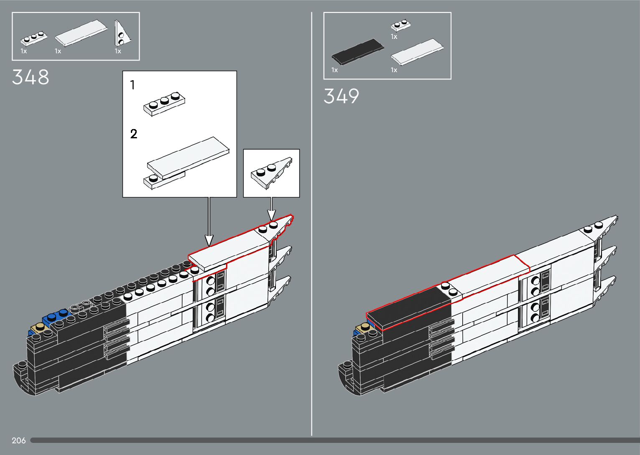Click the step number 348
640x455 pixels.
(x=31, y=77)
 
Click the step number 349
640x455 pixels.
(x=341, y=96)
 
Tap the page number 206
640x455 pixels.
(x=19, y=440)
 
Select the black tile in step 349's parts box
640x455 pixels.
(x=358, y=52)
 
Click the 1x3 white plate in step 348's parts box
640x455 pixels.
(x=33, y=38)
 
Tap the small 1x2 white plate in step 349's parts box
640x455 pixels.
(x=400, y=26)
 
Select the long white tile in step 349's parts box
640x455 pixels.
(x=417, y=52)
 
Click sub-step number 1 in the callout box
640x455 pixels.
(x=133, y=85)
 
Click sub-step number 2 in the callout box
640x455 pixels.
(x=134, y=134)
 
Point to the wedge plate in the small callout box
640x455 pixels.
(x=271, y=172)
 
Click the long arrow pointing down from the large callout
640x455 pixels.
(x=209, y=221)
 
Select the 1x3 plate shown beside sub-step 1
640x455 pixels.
(x=164, y=103)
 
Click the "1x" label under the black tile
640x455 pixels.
(x=334, y=70)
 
